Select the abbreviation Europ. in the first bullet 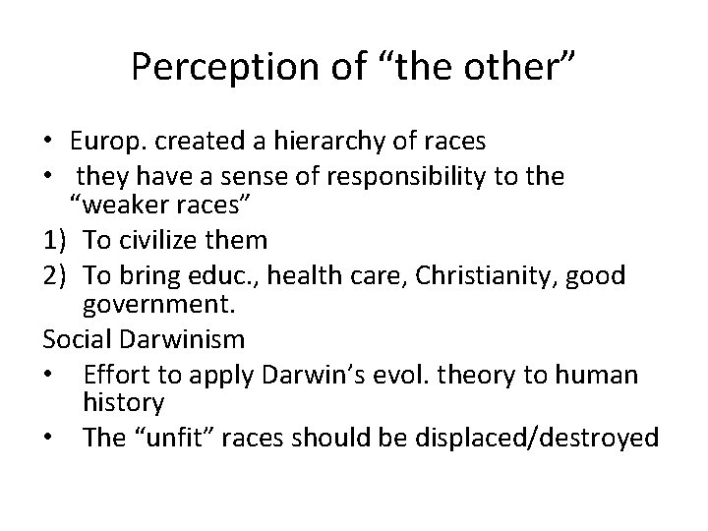[x=110, y=142]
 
